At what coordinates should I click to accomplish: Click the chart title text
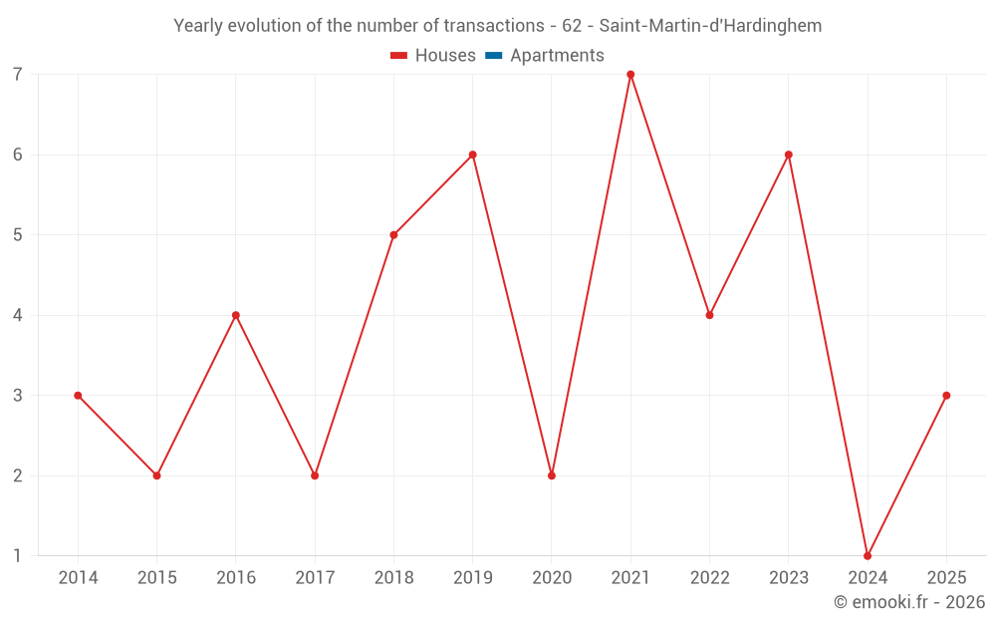pyautogui.click(x=497, y=26)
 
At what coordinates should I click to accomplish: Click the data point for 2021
pyautogui.click(x=630, y=75)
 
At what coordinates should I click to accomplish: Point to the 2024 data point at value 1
pyautogui.click(x=868, y=555)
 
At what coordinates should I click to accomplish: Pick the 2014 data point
pyautogui.click(x=78, y=396)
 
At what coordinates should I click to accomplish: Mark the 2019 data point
pyautogui.click(x=473, y=155)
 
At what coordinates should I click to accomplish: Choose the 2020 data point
pyautogui.click(x=552, y=475)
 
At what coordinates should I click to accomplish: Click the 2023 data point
pyautogui.click(x=789, y=155)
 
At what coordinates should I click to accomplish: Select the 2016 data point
pyautogui.click(x=236, y=315)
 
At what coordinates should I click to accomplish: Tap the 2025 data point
pyautogui.click(x=946, y=396)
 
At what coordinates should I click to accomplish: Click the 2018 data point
pyautogui.click(x=393, y=235)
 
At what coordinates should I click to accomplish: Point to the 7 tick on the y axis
pyautogui.click(x=18, y=75)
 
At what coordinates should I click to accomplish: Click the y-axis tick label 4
pyautogui.click(x=18, y=315)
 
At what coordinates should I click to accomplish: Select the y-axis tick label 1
pyautogui.click(x=18, y=555)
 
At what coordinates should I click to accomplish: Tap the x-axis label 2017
pyautogui.click(x=315, y=578)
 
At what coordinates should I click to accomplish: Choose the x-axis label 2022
pyautogui.click(x=709, y=578)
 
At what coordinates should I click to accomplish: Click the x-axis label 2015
pyautogui.click(x=156, y=578)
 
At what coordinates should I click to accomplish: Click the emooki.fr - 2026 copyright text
pyautogui.click(x=908, y=602)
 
